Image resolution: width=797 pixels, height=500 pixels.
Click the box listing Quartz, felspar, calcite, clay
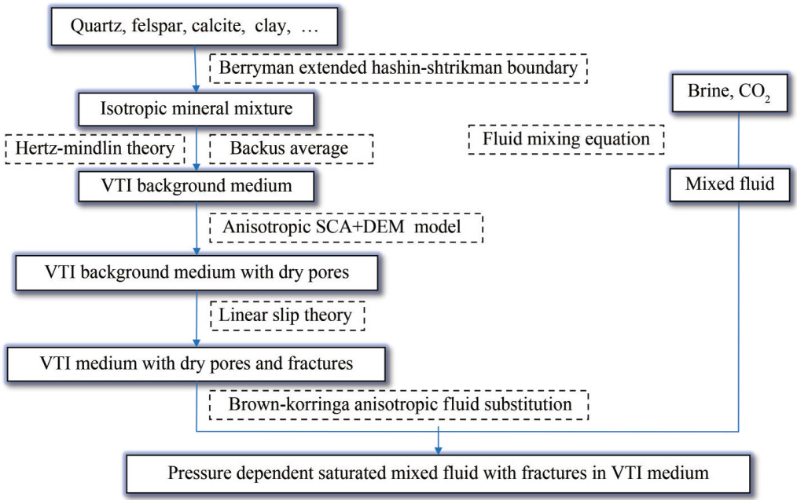point(196,29)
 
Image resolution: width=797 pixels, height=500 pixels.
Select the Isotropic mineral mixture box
point(196,108)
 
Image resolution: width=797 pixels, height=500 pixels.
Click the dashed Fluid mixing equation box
point(566,140)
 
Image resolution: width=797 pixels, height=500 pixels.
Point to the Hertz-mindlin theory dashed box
point(94,148)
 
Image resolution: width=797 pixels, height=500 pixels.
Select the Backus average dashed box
point(290,148)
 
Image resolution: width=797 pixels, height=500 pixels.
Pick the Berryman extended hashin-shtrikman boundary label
point(398,68)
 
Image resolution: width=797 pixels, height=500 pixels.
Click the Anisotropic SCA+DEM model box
point(346,227)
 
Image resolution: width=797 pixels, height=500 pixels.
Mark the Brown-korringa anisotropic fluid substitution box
point(398,404)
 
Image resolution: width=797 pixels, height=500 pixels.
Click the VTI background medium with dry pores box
point(196,273)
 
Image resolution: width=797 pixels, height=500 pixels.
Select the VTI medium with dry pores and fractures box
point(196,363)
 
